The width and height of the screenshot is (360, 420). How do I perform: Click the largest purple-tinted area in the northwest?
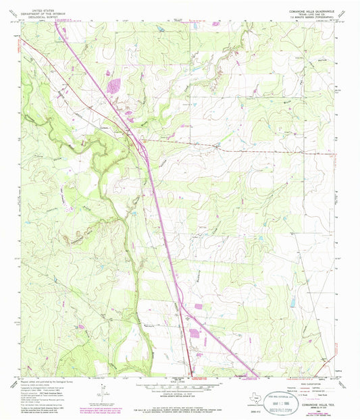[113, 86]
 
